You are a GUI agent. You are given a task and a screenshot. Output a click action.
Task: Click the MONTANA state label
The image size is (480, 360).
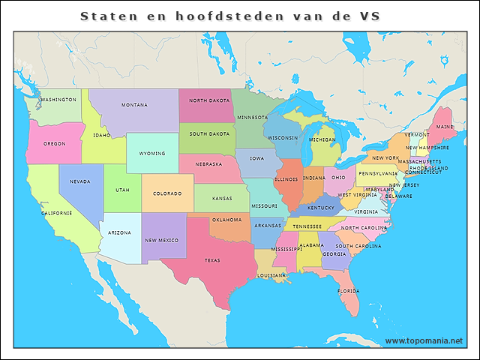[134, 105]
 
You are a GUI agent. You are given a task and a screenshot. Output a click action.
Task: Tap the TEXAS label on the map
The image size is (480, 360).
[213, 261]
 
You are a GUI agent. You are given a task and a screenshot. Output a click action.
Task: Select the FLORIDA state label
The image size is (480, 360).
[348, 291]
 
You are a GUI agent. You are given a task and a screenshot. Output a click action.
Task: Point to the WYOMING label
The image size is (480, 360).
[152, 154]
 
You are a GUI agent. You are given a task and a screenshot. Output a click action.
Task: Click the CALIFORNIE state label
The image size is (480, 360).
[56, 213]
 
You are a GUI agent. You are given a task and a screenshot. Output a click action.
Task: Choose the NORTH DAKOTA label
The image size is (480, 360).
[209, 100]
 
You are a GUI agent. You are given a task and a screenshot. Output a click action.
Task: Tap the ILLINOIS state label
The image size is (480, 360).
[286, 179]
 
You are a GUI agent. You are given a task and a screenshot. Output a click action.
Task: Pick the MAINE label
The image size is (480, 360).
[445, 127]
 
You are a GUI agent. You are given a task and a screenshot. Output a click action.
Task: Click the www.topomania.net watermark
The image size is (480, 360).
[424, 341]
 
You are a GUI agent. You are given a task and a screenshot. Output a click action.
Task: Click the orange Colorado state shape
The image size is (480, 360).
[167, 193]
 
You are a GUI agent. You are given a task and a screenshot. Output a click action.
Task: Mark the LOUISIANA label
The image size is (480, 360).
[271, 276]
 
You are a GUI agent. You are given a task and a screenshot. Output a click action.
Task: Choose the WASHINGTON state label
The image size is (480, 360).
[58, 100]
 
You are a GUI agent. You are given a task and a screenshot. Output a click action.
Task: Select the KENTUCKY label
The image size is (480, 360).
[321, 208]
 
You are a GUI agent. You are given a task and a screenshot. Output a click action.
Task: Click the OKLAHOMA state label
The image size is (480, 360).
[226, 220]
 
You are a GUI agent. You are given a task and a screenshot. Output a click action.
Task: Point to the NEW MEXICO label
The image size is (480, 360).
[161, 240]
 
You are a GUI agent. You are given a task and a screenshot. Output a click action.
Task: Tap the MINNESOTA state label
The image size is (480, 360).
[252, 118]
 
